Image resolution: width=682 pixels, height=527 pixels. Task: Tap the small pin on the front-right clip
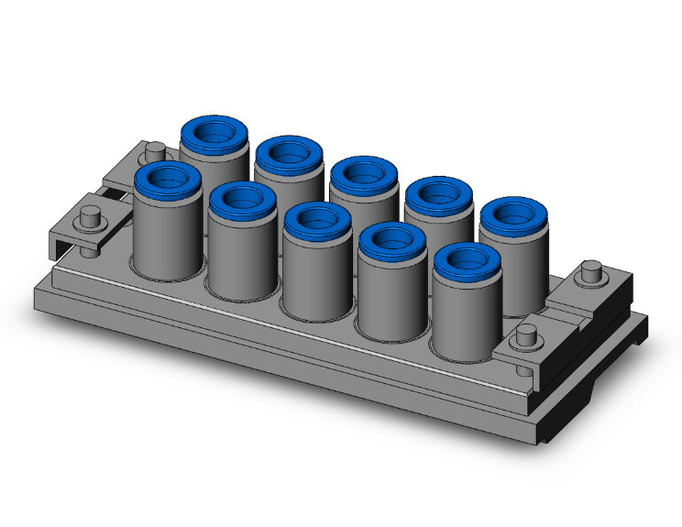526,335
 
